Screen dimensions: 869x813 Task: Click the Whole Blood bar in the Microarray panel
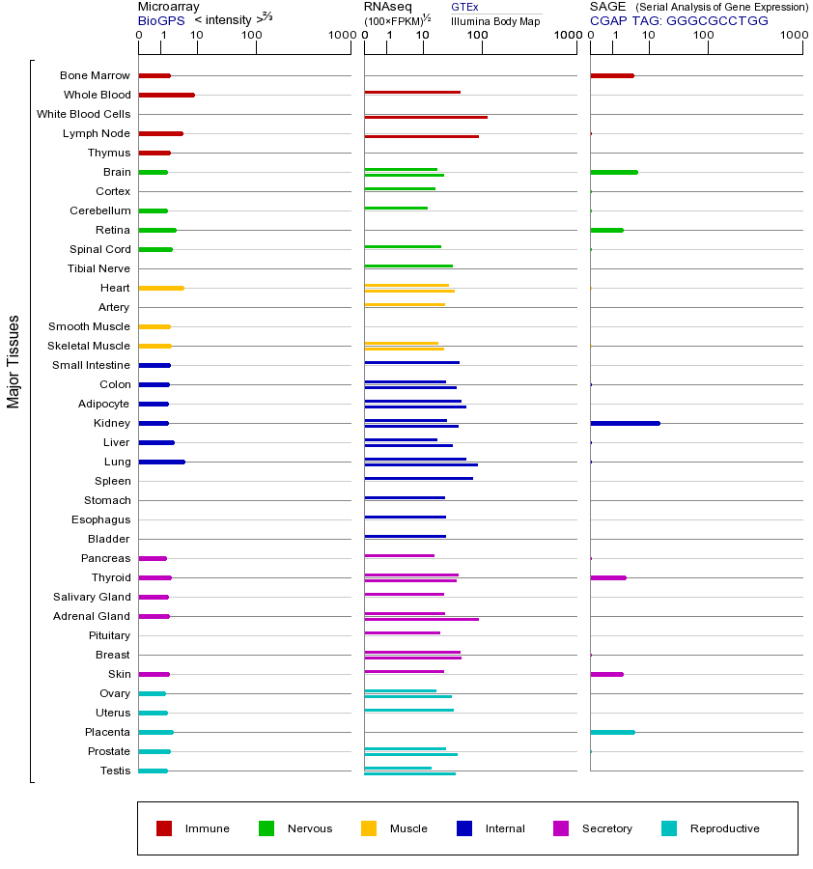click(x=166, y=95)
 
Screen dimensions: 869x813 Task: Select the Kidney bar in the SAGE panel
click(x=625, y=423)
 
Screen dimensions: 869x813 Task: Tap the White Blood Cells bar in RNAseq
click(x=425, y=117)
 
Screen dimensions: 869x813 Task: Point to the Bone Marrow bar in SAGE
click(x=611, y=75)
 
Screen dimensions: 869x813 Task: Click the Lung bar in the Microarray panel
click(x=161, y=462)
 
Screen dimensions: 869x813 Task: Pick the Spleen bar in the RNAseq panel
click(x=418, y=478)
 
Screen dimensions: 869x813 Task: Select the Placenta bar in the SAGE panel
click(x=612, y=732)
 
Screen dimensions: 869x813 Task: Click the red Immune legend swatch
click(x=164, y=828)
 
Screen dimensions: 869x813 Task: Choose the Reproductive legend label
click(x=724, y=828)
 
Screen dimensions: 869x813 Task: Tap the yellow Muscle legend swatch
click(x=369, y=828)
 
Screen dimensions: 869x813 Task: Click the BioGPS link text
click(x=160, y=20)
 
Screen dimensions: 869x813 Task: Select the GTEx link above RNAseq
click(x=464, y=7)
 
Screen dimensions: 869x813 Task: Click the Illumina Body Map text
click(x=495, y=20)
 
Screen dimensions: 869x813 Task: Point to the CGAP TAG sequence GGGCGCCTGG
click(x=716, y=20)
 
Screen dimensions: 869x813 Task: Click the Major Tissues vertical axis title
click(x=14, y=361)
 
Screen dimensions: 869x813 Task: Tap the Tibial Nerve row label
click(x=98, y=268)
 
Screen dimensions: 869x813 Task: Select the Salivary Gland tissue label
click(x=92, y=597)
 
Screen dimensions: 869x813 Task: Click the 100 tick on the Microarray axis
click(x=251, y=36)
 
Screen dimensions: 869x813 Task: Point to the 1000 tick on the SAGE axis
click(x=793, y=36)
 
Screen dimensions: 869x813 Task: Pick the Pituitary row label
click(x=109, y=635)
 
